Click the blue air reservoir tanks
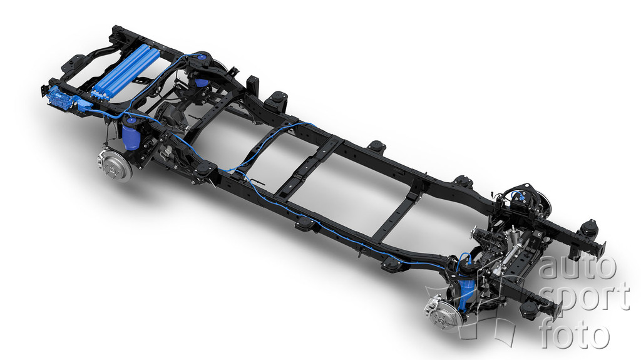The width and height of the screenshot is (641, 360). point(127,71)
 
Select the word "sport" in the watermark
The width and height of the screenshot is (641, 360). point(585,298)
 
